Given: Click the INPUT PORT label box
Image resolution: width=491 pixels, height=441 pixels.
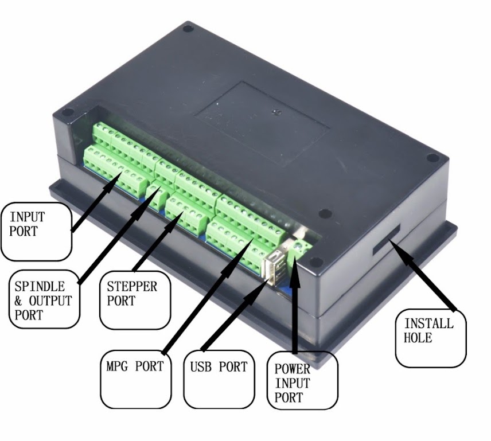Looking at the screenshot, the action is (36, 232).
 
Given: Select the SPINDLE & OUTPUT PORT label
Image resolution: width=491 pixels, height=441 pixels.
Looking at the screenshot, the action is (44, 299).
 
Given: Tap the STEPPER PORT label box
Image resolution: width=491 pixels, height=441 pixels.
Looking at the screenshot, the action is (135, 300).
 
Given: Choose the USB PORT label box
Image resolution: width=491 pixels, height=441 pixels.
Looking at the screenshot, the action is (219, 379).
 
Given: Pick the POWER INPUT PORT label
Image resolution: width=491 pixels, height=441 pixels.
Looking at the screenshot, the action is (302, 380).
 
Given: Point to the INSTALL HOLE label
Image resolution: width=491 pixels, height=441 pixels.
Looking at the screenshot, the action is (431, 338).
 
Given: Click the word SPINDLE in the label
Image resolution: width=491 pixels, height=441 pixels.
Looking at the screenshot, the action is (40, 286).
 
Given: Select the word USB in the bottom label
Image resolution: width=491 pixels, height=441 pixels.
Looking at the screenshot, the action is (201, 366).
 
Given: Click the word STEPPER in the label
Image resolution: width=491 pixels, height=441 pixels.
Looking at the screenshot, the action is (132, 286).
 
